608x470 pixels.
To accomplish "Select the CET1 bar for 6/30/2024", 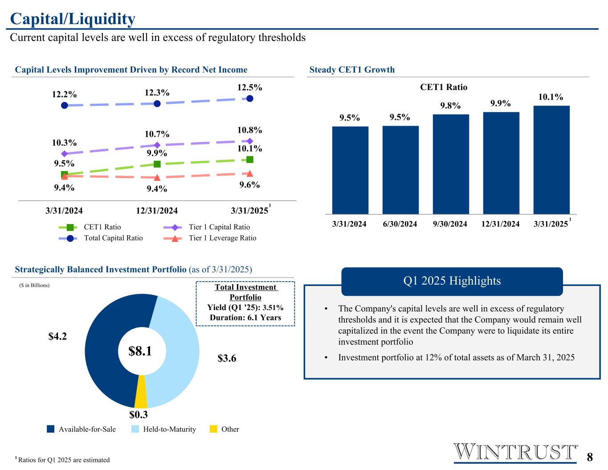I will tap(400, 170).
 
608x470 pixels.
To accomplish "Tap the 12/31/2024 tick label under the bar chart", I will tap(500, 224).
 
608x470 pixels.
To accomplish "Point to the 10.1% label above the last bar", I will tap(551, 97).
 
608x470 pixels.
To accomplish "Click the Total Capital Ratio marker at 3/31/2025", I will tap(250, 98).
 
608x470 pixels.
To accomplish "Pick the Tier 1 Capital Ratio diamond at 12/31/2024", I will tap(157, 145).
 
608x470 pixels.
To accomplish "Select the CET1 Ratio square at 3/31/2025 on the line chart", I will tap(250, 159).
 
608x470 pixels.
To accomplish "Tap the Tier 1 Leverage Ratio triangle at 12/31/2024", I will tap(157, 177).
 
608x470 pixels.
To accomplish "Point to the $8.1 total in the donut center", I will tap(140, 351).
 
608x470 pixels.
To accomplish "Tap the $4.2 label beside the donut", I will tap(57, 336).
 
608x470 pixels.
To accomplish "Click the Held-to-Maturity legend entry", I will tap(164, 429).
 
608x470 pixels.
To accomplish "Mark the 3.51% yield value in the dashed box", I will tap(273, 307).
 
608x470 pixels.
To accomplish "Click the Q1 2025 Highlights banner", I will tap(452, 281).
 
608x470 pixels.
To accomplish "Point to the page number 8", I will tap(590, 457).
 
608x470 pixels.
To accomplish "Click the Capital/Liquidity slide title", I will tap(73, 19).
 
